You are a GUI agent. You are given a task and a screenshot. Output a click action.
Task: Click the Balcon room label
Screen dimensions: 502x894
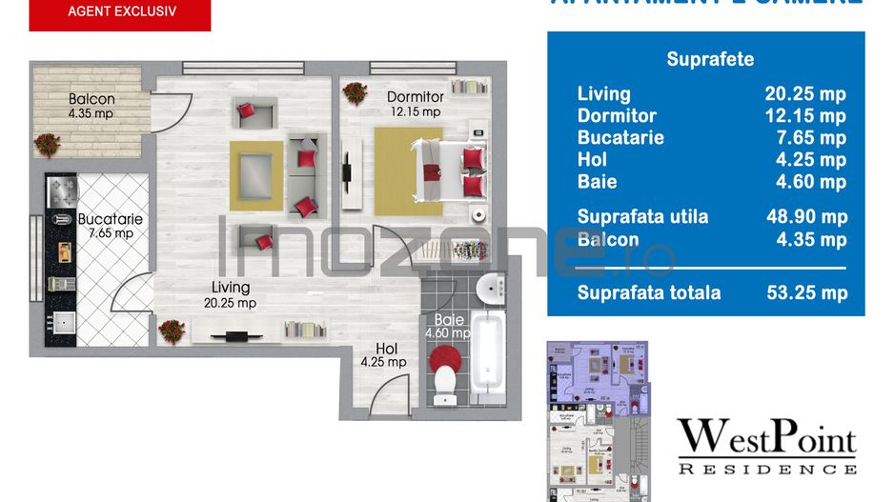coord(91,99)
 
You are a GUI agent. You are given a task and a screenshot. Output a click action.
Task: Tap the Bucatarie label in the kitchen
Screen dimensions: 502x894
coord(110,219)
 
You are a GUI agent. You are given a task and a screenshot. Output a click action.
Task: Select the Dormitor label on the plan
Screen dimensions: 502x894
coord(416,97)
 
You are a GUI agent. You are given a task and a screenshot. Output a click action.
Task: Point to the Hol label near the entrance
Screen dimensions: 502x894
coord(386,349)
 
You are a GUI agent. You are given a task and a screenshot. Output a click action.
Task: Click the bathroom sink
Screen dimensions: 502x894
coord(491,286)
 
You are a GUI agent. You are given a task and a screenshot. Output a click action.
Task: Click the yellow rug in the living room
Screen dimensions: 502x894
coord(256,175)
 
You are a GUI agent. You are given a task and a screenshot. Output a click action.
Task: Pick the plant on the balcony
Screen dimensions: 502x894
coord(47,144)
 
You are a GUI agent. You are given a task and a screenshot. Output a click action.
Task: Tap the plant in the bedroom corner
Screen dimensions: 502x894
coord(356,92)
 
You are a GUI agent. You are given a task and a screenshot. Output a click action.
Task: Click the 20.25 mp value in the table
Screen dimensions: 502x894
coord(805,93)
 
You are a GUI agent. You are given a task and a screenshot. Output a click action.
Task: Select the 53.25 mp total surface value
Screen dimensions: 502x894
coord(806,292)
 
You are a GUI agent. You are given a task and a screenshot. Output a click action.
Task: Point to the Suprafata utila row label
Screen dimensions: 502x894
coord(642,216)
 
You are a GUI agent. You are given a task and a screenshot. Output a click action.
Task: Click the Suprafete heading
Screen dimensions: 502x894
coord(709,59)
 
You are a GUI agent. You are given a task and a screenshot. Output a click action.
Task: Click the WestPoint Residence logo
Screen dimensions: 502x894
coord(766,446)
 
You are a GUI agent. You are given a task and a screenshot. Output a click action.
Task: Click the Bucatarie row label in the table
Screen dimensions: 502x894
coord(620,137)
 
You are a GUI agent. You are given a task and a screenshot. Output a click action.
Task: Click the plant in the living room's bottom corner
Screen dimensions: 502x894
coord(172,331)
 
